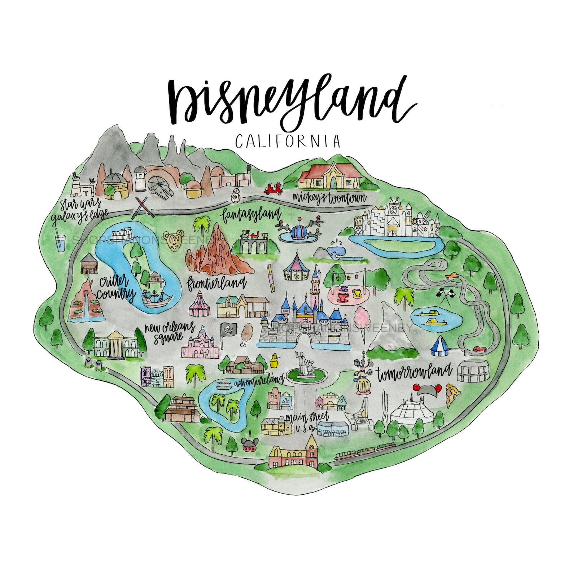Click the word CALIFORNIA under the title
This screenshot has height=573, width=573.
288,141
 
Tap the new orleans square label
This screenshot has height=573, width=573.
170,332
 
